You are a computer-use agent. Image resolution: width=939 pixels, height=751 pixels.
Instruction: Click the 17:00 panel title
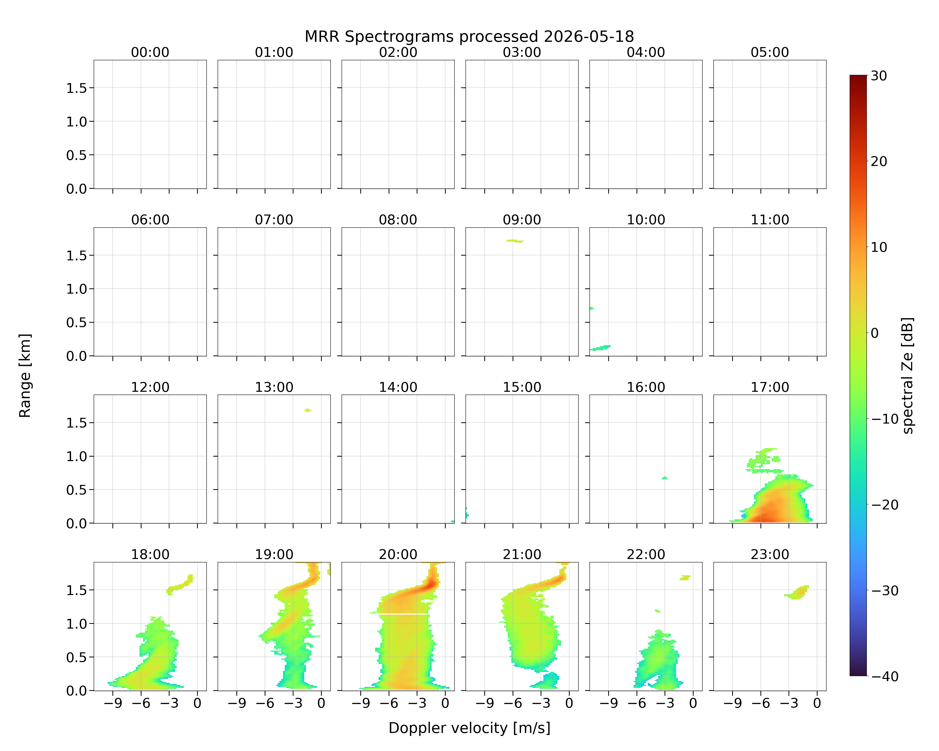tap(769, 387)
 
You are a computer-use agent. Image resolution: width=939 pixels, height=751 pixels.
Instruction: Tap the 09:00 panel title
tap(522, 220)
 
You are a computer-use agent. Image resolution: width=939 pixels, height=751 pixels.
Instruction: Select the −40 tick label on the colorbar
tap(885, 677)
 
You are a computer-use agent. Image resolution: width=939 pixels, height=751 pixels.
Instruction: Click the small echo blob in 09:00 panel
tap(515, 241)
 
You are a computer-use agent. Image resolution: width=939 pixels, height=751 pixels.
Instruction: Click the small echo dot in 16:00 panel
tap(665, 478)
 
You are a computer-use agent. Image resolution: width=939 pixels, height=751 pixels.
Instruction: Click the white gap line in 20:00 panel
tap(399, 614)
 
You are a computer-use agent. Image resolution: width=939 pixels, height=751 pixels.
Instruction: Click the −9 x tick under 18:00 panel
tap(113, 703)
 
